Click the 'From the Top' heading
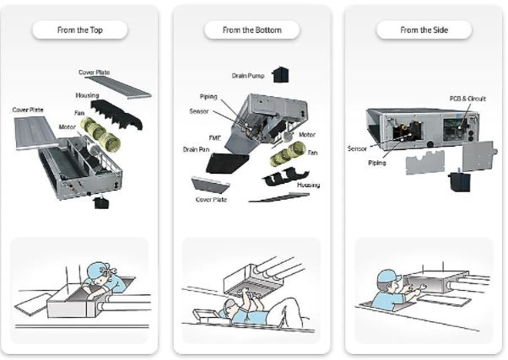point(79,30)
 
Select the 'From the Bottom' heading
point(251,30)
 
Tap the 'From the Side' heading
point(424,30)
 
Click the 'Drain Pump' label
point(249,76)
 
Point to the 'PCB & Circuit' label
point(467,99)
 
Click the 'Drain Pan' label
point(197,149)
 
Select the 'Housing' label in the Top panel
point(87,95)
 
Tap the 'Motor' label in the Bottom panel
point(307,134)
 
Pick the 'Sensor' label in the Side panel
point(357,148)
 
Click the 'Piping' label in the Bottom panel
point(208,97)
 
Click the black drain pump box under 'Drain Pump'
point(280,74)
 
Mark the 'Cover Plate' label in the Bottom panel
point(211,200)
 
